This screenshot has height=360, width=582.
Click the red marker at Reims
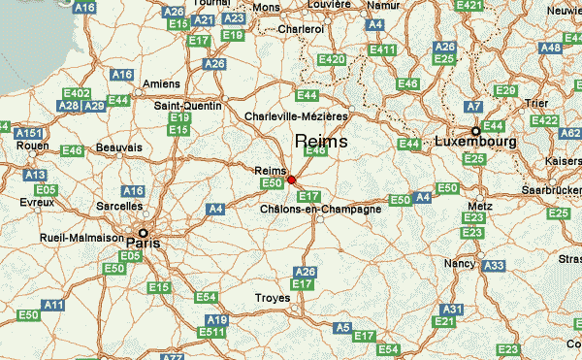[x=291, y=180]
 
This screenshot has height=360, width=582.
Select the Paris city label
[x=142, y=245]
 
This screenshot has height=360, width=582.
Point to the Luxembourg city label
[x=476, y=142]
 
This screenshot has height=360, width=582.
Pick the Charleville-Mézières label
[x=297, y=116]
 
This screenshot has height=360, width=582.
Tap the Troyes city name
[x=272, y=298]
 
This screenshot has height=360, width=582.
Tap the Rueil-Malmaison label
[x=81, y=237]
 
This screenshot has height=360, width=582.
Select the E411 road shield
[x=383, y=49]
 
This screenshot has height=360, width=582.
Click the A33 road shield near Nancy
[x=494, y=265]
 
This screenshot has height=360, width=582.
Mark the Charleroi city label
[x=300, y=29]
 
